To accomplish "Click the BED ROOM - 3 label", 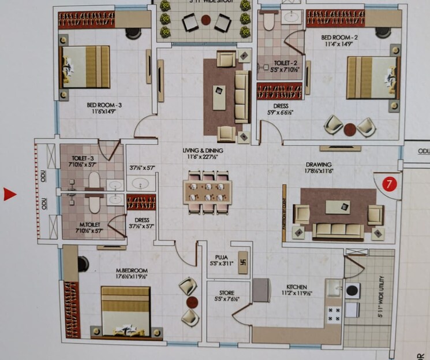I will [104, 105].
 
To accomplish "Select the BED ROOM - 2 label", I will [340, 38].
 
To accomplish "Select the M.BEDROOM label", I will [132, 270].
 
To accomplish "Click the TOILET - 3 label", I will [80, 157].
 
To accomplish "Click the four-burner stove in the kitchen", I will [334, 314].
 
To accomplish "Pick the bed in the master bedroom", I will [125, 313].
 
